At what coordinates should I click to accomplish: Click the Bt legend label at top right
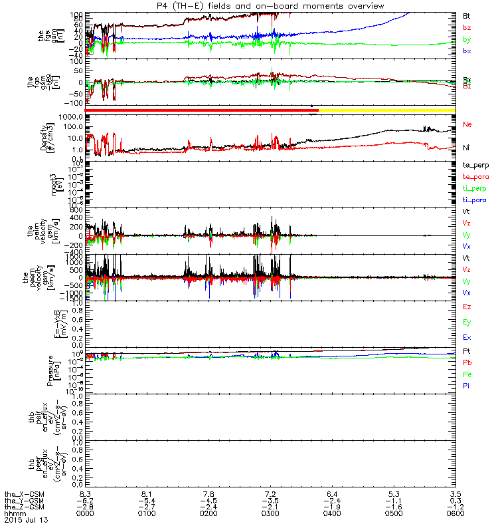467,15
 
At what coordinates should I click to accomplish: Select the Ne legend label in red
467,124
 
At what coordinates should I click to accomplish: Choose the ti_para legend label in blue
475,201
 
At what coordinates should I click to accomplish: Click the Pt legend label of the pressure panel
467,350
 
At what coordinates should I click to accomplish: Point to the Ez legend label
467,307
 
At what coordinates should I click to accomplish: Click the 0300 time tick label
270,514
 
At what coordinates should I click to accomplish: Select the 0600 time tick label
454,514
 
